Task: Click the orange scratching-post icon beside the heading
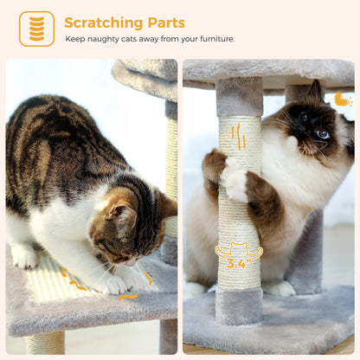click(x=36, y=29)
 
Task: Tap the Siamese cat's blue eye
click(x=323, y=133)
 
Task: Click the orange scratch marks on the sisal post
click(x=238, y=138)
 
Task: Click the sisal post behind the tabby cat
click(x=171, y=164)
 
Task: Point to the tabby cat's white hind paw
click(x=24, y=256)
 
